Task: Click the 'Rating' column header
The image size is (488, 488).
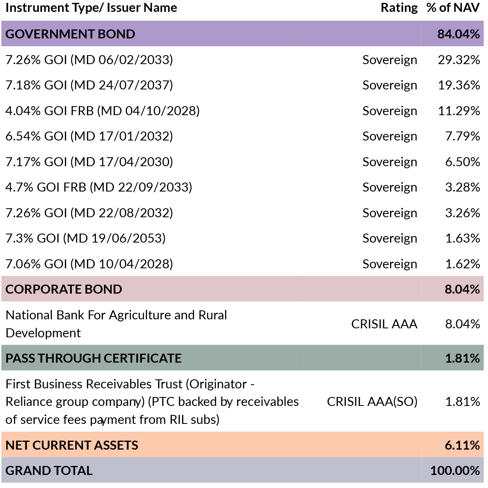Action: (399, 8)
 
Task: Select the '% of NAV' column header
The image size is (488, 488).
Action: (453, 8)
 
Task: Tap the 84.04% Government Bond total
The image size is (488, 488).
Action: (459, 34)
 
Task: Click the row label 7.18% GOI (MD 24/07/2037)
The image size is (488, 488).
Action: (89, 85)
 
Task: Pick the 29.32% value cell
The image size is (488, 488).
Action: (459, 60)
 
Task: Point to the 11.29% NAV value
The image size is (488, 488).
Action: (459, 111)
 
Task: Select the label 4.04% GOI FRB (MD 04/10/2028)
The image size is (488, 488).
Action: (103, 111)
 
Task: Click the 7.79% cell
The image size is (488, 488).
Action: (463, 136)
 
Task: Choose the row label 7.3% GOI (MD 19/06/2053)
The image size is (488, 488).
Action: (86, 238)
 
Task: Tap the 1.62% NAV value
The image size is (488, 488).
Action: (463, 264)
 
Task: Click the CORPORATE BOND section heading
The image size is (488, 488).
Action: (64, 290)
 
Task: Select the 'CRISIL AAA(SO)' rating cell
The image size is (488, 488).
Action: (372, 401)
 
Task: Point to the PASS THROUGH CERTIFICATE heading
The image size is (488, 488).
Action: (94, 358)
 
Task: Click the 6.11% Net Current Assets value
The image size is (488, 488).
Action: (462, 446)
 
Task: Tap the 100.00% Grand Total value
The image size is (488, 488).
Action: (455, 470)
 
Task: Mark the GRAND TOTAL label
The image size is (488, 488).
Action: (49, 470)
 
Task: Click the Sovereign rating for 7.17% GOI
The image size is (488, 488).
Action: (390, 162)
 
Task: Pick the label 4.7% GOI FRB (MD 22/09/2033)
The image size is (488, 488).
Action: (99, 187)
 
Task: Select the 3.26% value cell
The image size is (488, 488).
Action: (463, 213)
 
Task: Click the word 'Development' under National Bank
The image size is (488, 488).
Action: (43, 333)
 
